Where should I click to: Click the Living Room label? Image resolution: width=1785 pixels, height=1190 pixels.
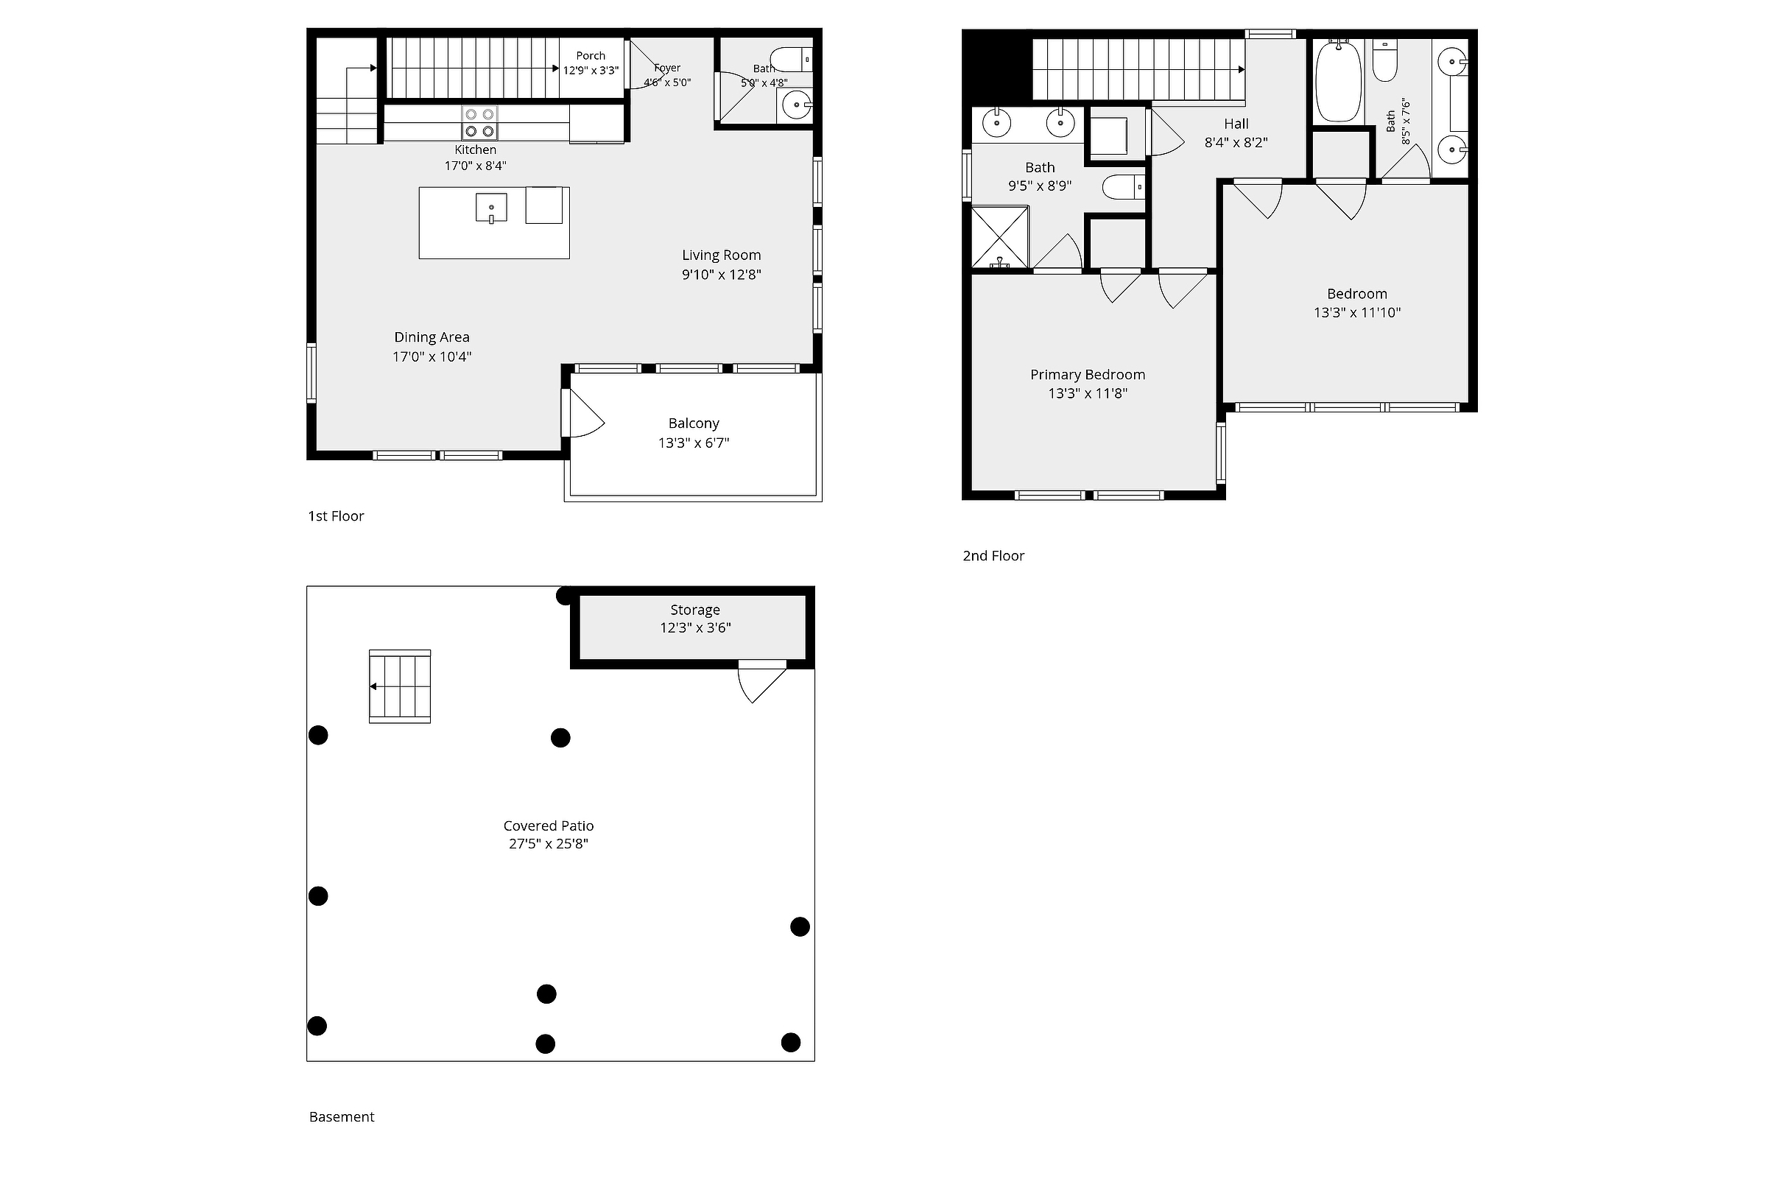pyautogui.click(x=721, y=255)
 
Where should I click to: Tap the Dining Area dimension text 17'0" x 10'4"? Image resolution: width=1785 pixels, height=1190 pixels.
pyautogui.click(x=432, y=356)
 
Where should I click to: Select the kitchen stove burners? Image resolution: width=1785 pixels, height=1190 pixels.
pyautogui.click(x=479, y=123)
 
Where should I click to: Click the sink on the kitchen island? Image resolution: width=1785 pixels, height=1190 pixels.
pyautogui.click(x=491, y=207)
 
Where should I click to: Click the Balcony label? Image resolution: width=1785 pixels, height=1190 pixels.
pyautogui.click(x=694, y=423)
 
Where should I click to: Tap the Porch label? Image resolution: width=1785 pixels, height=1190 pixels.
pyautogui.click(x=591, y=55)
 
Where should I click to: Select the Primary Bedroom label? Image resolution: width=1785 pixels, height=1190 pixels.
pyautogui.click(x=1088, y=374)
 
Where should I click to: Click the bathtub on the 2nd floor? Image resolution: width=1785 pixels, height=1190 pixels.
pyautogui.click(x=1337, y=80)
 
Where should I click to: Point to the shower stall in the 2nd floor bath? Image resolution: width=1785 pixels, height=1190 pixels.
pyautogui.click(x=1000, y=237)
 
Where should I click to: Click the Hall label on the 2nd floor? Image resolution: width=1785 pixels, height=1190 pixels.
pyautogui.click(x=1236, y=124)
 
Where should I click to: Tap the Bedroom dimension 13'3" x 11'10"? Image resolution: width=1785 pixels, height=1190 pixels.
pyautogui.click(x=1357, y=313)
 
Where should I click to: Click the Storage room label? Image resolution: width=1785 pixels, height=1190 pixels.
pyautogui.click(x=695, y=610)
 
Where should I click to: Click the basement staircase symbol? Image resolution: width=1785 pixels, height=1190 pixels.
pyautogui.click(x=400, y=686)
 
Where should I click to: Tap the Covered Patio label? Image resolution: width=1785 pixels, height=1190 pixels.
pyautogui.click(x=549, y=825)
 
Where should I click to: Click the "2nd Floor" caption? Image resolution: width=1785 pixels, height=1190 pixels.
pyautogui.click(x=993, y=555)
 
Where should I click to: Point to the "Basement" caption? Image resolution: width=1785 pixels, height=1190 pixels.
pyautogui.click(x=342, y=1116)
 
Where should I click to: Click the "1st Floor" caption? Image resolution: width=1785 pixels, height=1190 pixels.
pyautogui.click(x=336, y=516)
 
